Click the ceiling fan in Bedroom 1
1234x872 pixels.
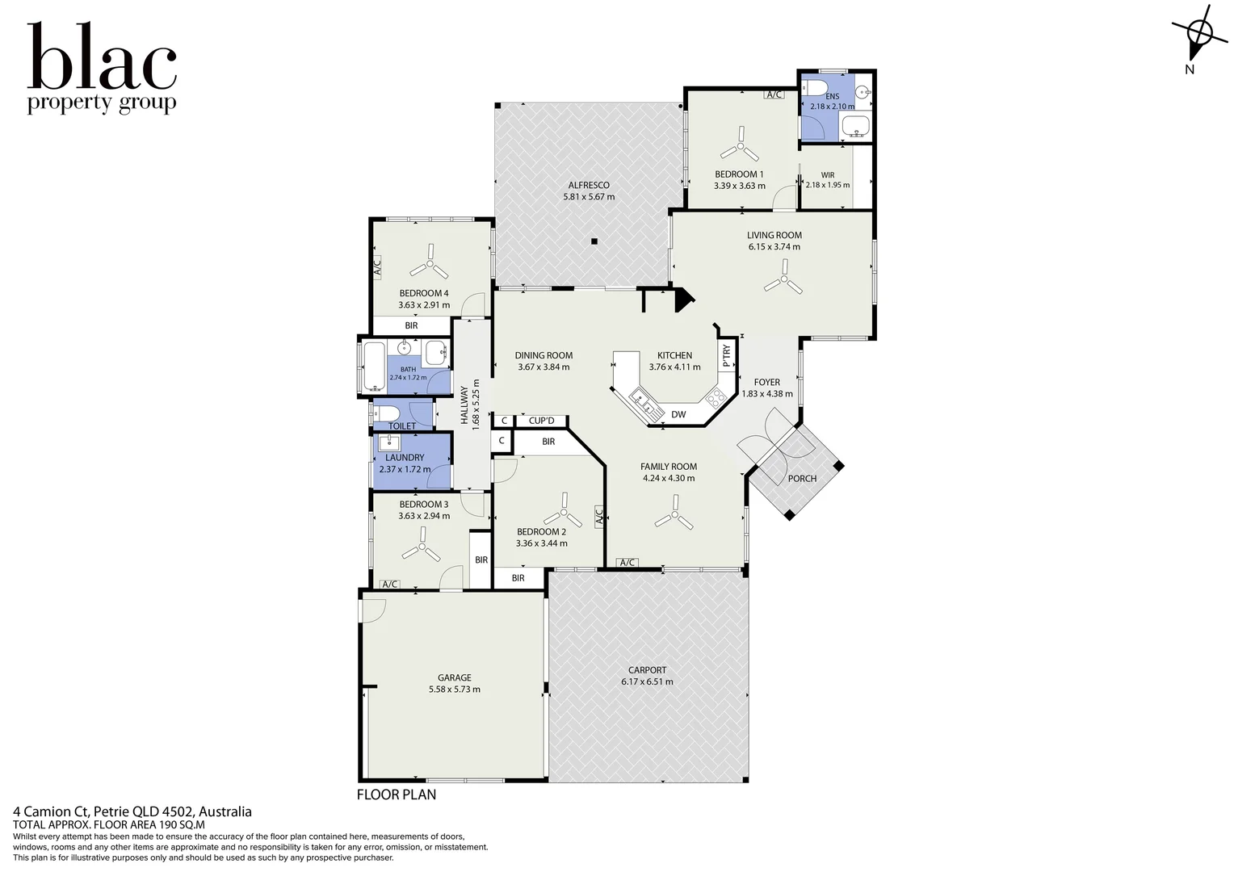click(x=741, y=146)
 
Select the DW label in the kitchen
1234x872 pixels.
click(x=678, y=414)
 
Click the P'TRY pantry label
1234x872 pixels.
click(x=727, y=356)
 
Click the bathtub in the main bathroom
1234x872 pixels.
click(x=373, y=367)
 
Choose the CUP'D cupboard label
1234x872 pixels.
click(x=541, y=421)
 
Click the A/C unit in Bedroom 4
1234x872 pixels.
click(x=377, y=268)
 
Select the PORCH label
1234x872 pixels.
click(x=802, y=478)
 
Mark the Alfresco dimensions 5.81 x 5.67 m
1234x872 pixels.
click(x=589, y=197)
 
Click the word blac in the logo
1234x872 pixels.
click(x=102, y=57)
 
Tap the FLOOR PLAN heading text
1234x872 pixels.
click(x=397, y=794)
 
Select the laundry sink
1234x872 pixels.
click(x=390, y=442)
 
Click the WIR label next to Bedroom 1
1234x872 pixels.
click(x=828, y=174)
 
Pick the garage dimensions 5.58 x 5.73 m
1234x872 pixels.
click(x=455, y=689)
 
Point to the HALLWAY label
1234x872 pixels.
click(x=464, y=405)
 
